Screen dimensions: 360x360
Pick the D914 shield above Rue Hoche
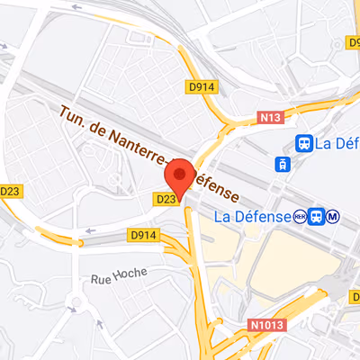[143, 235]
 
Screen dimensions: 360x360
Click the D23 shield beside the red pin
[166, 199]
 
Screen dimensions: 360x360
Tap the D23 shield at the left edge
[10, 191]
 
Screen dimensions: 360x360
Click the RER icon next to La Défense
[299, 216]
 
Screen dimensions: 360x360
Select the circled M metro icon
[333, 216]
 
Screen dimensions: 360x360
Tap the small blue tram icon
[283, 164]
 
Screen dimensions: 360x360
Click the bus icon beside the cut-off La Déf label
[305, 142]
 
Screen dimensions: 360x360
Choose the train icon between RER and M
[316, 216]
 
